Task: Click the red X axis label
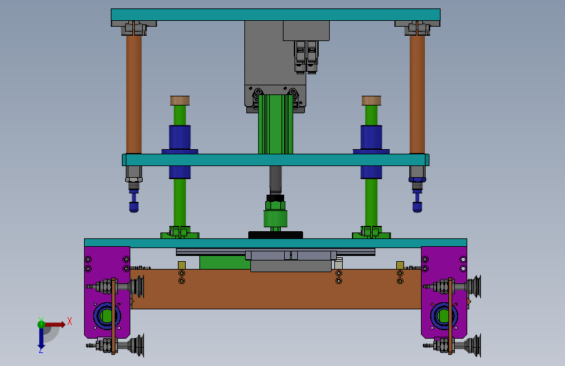pyautogui.click(x=70, y=321)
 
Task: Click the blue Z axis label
pyautogui.click(x=41, y=350)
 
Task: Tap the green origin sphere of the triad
pyautogui.click(x=42, y=324)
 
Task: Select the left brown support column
pyautogui.click(x=134, y=94)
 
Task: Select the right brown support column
pyautogui.click(x=417, y=94)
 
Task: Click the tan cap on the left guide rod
pyautogui.click(x=180, y=100)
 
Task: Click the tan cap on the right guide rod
pyautogui.click(x=371, y=100)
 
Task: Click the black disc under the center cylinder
pyautogui.click(x=276, y=235)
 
